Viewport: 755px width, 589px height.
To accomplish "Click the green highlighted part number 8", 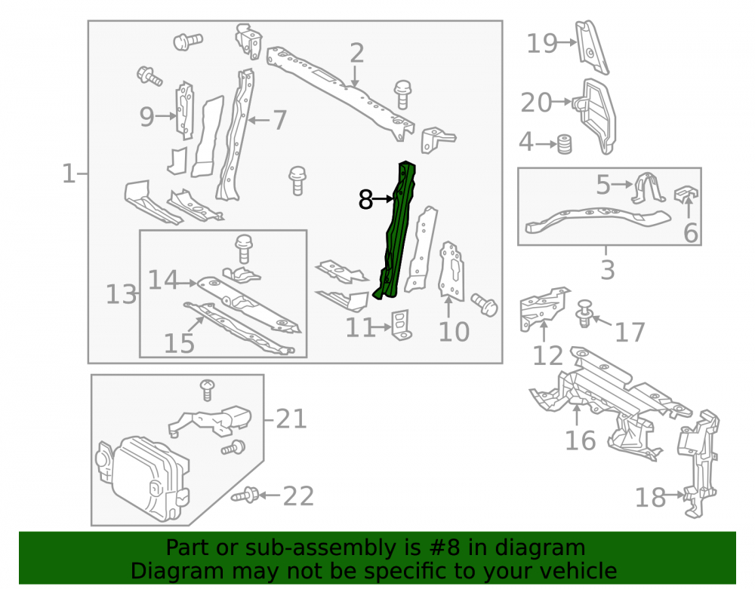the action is tap(395, 231).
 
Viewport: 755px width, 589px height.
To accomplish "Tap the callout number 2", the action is tap(356, 53).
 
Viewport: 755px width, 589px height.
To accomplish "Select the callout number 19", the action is tap(541, 43).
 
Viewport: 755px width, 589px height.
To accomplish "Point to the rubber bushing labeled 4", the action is tap(564, 144).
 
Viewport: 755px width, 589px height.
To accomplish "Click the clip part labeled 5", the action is tap(648, 188).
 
